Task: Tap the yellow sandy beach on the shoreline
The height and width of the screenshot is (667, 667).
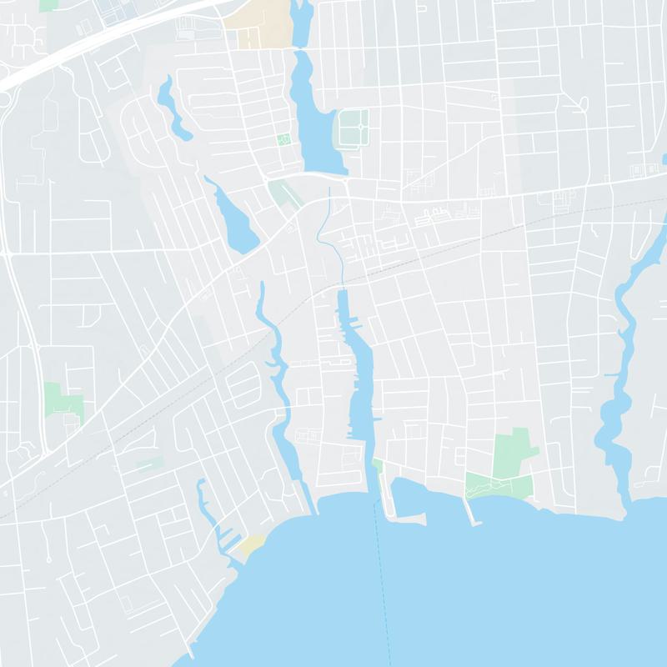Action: point(252,546)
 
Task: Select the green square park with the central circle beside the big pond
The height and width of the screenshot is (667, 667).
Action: point(354,128)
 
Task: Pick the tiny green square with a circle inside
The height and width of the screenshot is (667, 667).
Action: point(283,139)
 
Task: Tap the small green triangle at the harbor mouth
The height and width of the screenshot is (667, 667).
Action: point(377,464)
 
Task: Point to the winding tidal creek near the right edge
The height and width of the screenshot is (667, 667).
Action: point(617,400)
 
